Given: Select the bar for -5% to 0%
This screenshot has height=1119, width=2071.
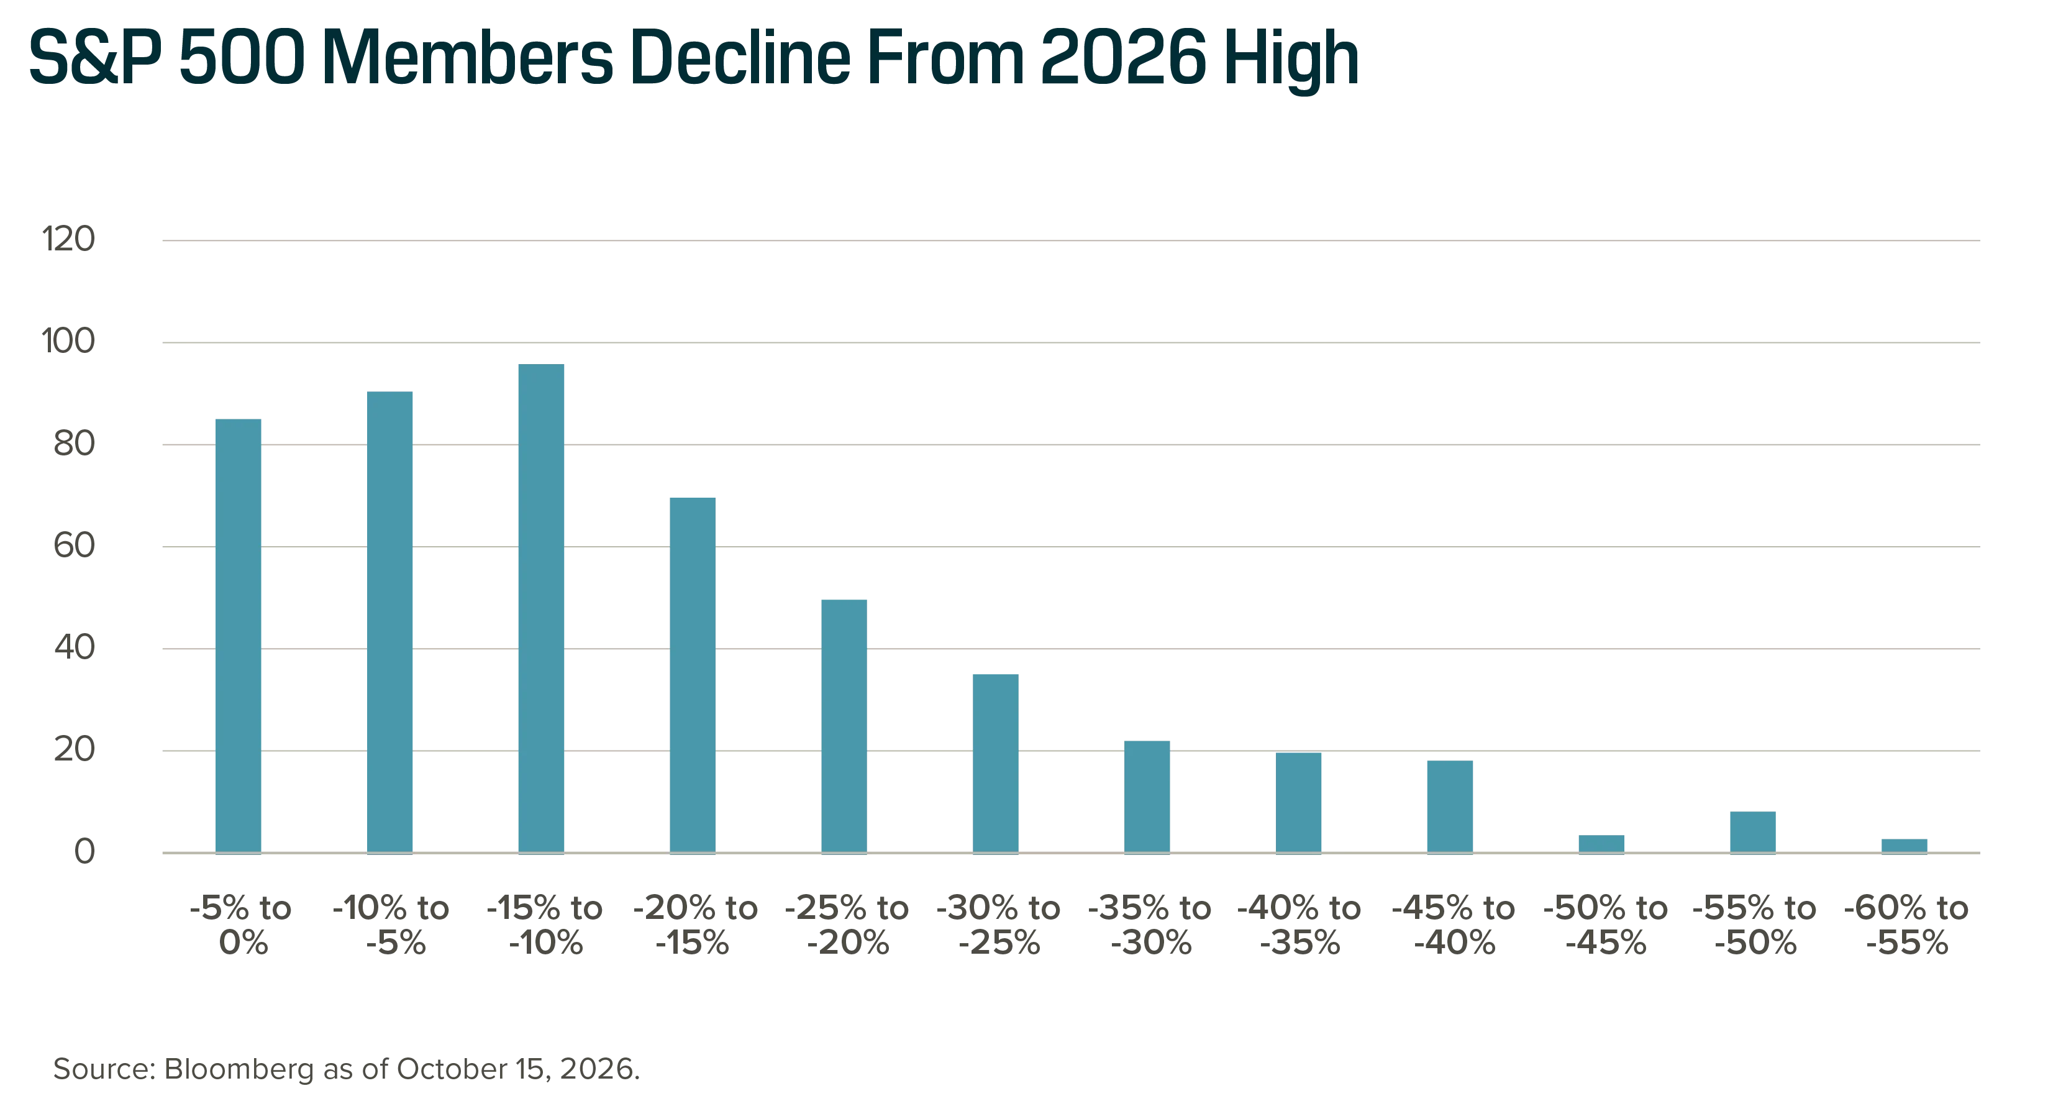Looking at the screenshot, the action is click(x=239, y=636).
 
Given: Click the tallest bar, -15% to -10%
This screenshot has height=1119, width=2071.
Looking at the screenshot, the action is click(x=541, y=608).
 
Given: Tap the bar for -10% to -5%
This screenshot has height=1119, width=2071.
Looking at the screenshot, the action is click(x=390, y=622).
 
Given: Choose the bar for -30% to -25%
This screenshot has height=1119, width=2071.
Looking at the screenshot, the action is click(x=995, y=764).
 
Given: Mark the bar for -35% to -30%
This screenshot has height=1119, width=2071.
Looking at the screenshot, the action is click(x=1147, y=797).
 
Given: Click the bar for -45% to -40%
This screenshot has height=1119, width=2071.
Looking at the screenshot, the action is click(x=1450, y=806).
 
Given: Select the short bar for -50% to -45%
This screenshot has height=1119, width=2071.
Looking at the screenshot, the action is click(x=1601, y=844).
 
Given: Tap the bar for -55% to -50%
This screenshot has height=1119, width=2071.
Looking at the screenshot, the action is click(x=1752, y=832).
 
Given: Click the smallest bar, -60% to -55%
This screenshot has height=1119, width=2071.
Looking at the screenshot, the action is click(x=1905, y=846).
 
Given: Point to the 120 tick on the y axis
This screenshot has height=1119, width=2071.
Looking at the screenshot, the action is click(x=68, y=240).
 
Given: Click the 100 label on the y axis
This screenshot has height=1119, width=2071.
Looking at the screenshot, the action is click(x=68, y=342).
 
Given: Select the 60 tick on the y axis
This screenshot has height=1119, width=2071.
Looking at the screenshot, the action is click(x=74, y=546).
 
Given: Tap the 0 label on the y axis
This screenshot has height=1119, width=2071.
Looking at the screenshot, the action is click(x=84, y=852).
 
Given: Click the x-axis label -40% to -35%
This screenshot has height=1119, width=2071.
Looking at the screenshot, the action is click(x=1299, y=925).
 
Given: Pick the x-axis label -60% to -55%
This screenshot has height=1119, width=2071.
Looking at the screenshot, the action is click(x=1906, y=925).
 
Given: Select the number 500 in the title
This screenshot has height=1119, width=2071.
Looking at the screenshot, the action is click(x=242, y=57).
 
